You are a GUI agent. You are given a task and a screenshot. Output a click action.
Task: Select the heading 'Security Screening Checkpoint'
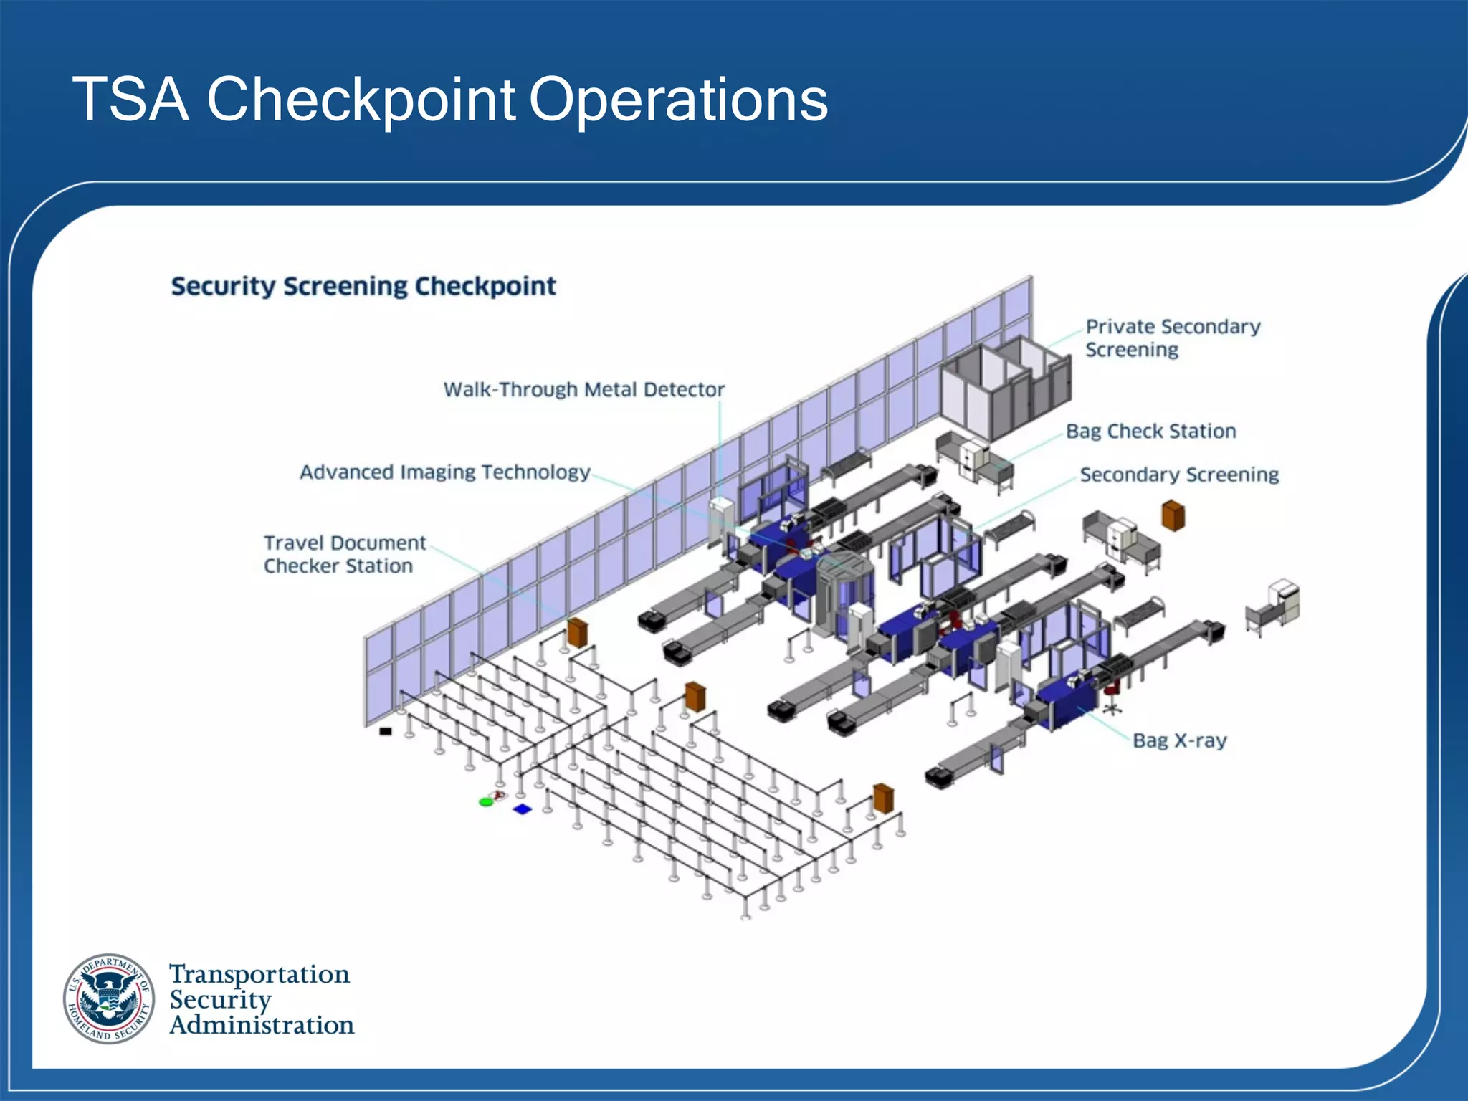363,286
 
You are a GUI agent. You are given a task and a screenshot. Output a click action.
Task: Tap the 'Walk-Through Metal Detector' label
583,389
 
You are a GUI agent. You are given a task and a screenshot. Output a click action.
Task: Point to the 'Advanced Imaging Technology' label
444,472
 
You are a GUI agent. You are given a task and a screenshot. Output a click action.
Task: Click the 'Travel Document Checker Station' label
344,554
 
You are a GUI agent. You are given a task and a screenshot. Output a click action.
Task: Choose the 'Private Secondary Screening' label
1172,338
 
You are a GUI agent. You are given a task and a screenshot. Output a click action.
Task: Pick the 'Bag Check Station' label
1150,431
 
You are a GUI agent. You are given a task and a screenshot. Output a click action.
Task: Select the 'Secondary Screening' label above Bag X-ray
1179,475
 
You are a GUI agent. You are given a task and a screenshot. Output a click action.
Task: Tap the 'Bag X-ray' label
1179,740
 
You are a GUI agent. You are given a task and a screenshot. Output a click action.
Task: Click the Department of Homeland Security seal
109,998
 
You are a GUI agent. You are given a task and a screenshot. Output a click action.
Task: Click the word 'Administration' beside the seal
262,1025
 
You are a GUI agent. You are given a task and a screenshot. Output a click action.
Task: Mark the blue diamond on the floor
523,809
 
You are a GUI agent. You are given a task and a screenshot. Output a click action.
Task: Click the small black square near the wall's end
386,731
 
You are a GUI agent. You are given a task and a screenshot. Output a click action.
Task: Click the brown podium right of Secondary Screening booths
1173,515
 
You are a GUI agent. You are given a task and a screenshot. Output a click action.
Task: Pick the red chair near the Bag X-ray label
1111,692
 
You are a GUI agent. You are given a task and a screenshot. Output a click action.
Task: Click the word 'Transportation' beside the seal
259,974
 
